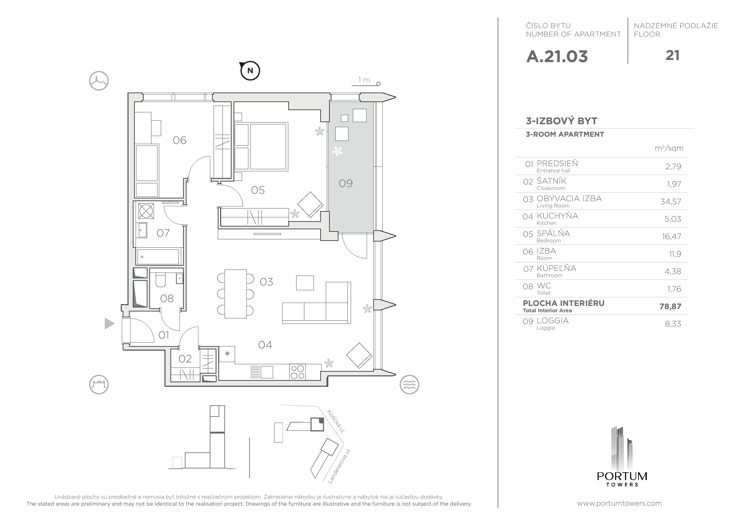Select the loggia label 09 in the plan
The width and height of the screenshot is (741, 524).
tap(346, 183)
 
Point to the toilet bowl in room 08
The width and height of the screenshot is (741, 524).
tap(160, 280)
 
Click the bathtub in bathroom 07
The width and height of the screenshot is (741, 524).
tap(158, 257)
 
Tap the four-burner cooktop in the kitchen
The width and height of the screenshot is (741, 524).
tap(297, 372)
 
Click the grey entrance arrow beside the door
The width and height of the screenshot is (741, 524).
tap(109, 323)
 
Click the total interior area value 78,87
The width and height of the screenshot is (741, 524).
tap(670, 306)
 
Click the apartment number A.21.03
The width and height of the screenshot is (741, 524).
tap(557, 56)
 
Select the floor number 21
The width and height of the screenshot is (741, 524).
tap(672, 56)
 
